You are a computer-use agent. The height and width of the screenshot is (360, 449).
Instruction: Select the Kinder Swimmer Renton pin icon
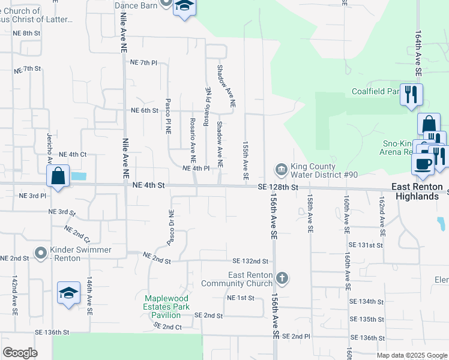coord(41,253)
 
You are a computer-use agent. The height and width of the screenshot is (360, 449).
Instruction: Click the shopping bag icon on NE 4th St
coord(58,176)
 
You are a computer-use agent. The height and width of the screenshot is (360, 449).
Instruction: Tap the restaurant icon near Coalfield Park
coord(411,94)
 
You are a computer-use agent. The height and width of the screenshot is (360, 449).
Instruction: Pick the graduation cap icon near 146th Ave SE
coord(68,293)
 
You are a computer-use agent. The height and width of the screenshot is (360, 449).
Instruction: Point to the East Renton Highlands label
coord(415,191)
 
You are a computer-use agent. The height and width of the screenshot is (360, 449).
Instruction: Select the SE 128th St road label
coord(278,187)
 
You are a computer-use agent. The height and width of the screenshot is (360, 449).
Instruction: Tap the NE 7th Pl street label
coord(143,62)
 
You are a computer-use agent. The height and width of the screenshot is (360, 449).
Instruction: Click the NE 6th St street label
coord(145,110)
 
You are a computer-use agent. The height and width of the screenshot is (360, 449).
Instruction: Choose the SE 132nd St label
coord(250,261)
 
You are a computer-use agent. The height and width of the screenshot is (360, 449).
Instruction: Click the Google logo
coord(20,353)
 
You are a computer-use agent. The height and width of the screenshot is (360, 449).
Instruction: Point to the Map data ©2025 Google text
coord(411,355)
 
